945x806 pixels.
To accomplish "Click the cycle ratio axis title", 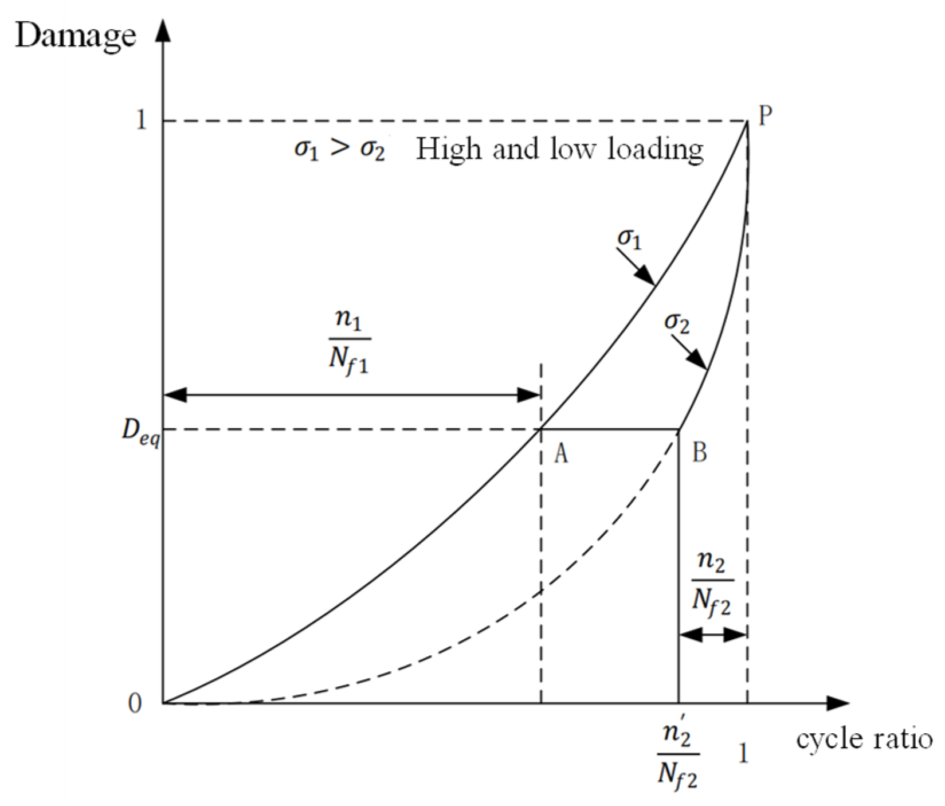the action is pos(865,739).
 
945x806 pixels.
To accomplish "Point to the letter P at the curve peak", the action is pos(765,116).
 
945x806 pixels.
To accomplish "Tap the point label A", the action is pos(561,454).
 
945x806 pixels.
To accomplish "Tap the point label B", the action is pos(700,453).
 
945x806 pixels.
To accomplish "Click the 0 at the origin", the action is pos(135,703).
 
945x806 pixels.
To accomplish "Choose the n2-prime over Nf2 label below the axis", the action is pos(678,757).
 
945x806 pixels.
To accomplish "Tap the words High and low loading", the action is pos(559,150).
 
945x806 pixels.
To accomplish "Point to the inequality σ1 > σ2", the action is pos(340,150).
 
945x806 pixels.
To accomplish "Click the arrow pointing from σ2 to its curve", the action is pos(690,353).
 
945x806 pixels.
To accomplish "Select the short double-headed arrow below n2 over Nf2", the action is pos(712,635).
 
